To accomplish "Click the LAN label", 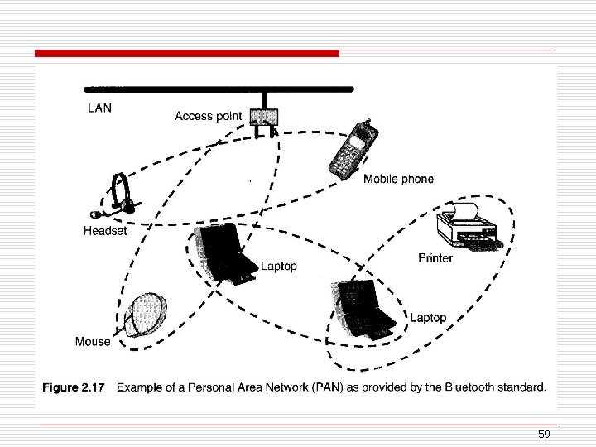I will [99, 107].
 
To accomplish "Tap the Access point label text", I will [208, 116].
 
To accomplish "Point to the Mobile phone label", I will [398, 180].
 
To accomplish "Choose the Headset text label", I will [105, 231].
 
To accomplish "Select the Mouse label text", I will [93, 341].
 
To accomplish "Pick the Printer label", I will [435, 258].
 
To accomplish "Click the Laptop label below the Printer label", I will [428, 318].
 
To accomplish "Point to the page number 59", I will [544, 435].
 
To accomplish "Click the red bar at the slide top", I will [187, 54].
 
